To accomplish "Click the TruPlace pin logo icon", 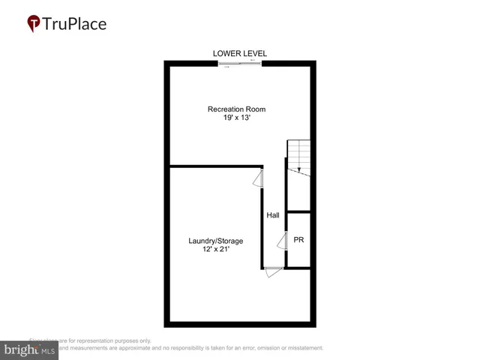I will click(33, 24).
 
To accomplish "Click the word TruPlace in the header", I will click(74, 23).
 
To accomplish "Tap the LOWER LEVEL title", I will click(240, 53).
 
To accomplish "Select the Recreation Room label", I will click(236, 109).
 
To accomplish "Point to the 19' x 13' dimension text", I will click(236, 118).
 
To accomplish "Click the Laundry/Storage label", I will click(215, 241).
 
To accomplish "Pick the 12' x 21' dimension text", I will click(215, 250).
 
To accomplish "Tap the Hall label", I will click(273, 215).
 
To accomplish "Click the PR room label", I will click(298, 240).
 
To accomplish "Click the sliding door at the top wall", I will click(240, 64).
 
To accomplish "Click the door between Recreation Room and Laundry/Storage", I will click(259, 178).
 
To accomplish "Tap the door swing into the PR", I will click(282, 241).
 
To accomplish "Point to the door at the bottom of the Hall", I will click(273, 271).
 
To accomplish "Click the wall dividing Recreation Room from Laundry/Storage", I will click(214, 166).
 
